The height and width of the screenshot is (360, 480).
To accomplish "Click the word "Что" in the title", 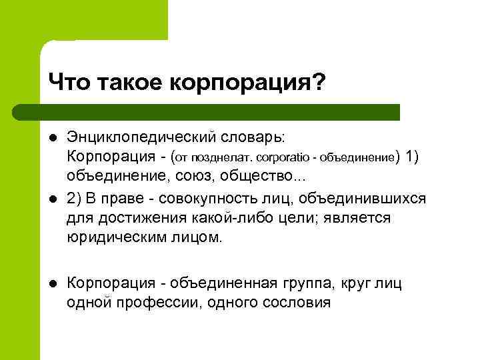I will coord(69,83).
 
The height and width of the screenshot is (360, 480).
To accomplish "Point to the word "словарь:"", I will coord(253,137).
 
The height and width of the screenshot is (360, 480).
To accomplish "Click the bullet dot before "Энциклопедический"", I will coord(53,137).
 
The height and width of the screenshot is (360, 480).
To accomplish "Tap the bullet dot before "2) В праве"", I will coord(53,200).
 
